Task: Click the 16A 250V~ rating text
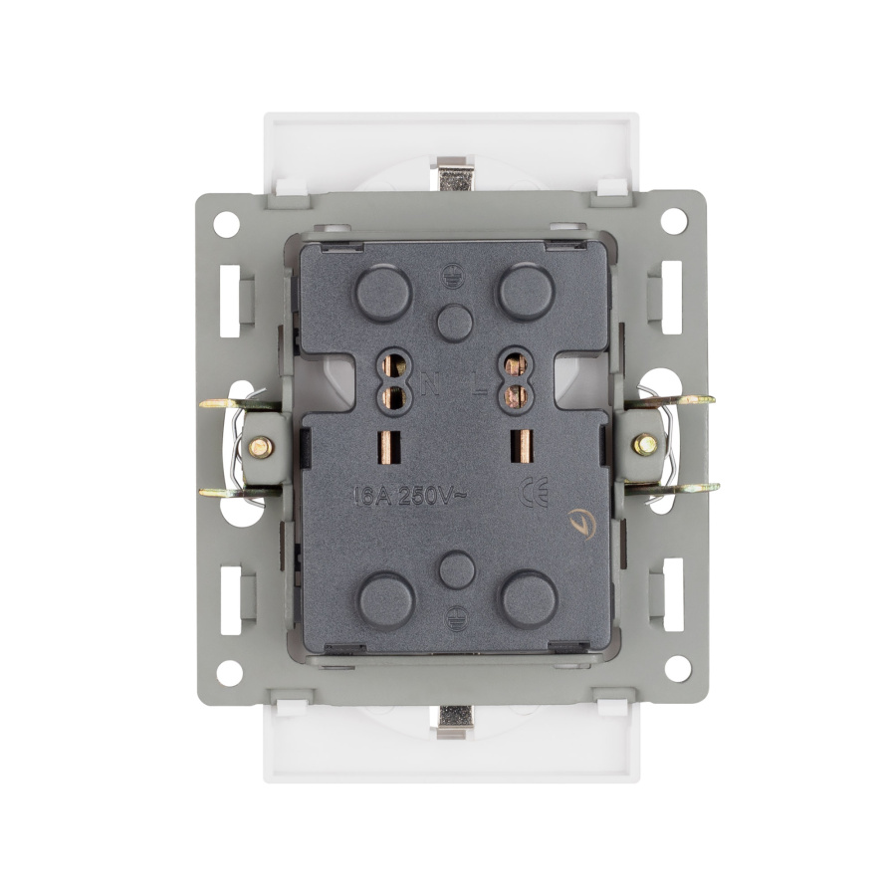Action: click(407, 495)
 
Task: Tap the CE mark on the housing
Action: click(535, 494)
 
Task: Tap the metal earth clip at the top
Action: click(454, 175)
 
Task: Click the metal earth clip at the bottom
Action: click(456, 721)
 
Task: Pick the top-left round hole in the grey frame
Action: click(227, 223)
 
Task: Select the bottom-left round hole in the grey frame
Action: click(229, 672)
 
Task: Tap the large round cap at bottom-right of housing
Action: click(529, 598)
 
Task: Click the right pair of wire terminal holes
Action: click(516, 379)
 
